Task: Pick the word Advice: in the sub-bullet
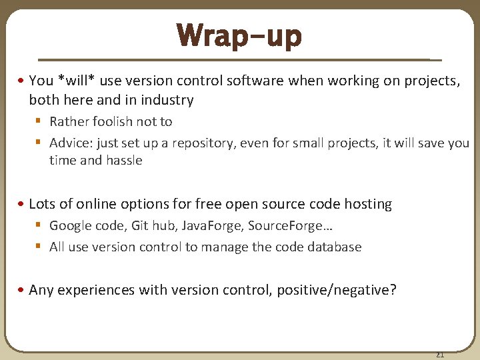(71, 143)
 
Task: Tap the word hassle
(124, 161)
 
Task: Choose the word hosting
(367, 204)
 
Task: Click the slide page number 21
(439, 354)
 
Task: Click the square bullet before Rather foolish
(39, 121)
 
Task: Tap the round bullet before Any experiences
(22, 290)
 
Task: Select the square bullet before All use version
(39, 247)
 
